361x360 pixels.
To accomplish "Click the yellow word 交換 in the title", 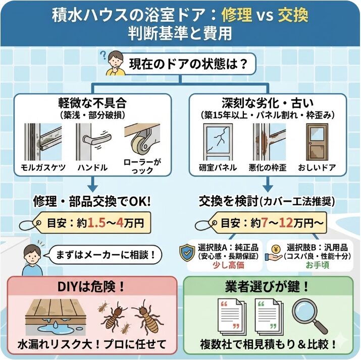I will (x=294, y=15).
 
